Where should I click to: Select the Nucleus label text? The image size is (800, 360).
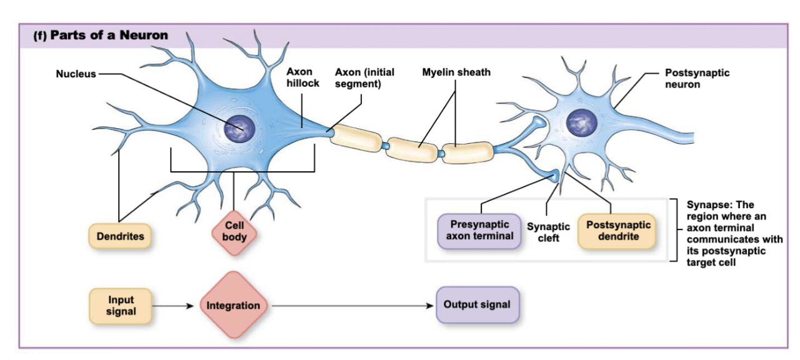[x=76, y=74]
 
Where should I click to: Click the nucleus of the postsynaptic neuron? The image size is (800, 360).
[x=582, y=122]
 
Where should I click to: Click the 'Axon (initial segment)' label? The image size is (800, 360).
[x=364, y=77]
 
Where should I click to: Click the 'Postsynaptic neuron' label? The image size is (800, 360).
[x=696, y=78]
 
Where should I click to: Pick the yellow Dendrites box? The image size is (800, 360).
[x=120, y=236]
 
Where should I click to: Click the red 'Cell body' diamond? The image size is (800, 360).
[x=234, y=231]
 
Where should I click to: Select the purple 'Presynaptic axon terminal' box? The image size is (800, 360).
[x=479, y=230]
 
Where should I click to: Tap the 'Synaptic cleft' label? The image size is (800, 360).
[x=548, y=232]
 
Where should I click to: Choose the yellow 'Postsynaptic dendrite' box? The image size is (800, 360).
[x=617, y=231]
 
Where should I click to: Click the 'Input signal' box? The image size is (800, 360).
[x=121, y=305]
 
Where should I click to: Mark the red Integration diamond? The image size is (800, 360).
[x=233, y=306]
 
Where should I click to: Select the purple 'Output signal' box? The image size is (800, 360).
[x=477, y=305]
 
